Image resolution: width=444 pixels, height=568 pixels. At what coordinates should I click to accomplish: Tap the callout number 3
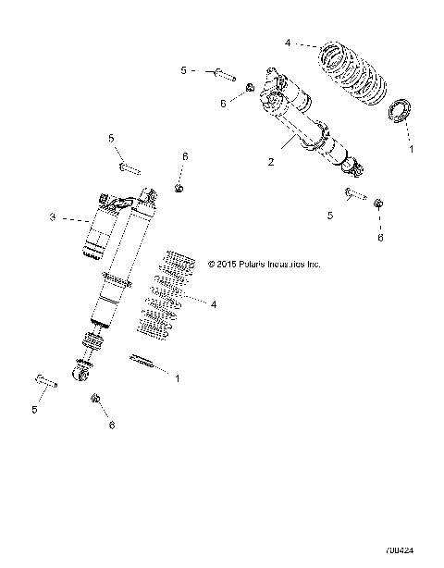pyautogui.click(x=53, y=217)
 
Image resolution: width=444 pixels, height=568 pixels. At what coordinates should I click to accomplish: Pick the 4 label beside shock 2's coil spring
pyautogui.click(x=288, y=42)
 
